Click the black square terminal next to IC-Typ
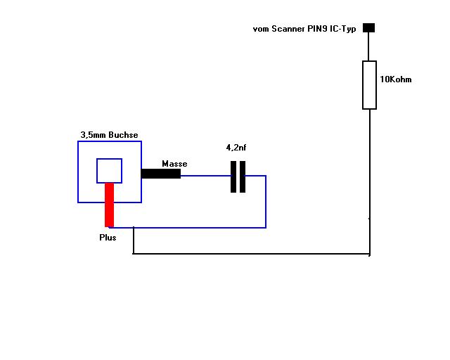click(368, 28)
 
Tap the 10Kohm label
click(396, 79)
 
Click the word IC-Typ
click(343, 29)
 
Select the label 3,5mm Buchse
click(110, 135)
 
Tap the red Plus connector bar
click(110, 205)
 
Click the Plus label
click(108, 238)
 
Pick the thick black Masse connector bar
click(161, 174)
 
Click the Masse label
click(174, 164)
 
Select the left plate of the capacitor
click(233, 177)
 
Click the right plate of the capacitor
click(243, 177)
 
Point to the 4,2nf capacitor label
click(236, 148)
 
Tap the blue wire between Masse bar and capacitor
click(206, 176)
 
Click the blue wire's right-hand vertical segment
click(266, 202)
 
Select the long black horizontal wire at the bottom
click(252, 254)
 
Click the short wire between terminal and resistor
click(368, 46)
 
